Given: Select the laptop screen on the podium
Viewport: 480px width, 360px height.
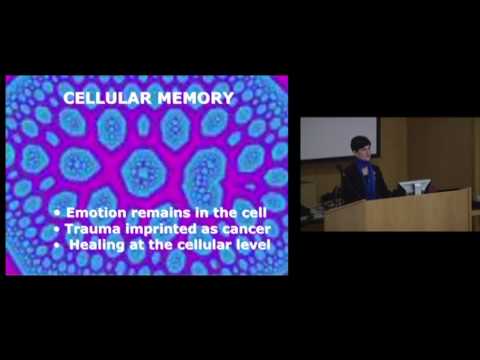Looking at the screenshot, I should (x=414, y=186).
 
